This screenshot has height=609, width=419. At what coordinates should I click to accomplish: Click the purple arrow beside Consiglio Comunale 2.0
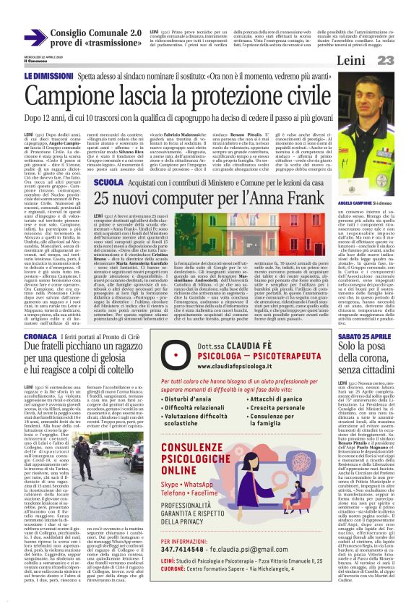pos(35,38)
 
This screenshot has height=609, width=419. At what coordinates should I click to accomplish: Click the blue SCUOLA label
pos(108,183)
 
